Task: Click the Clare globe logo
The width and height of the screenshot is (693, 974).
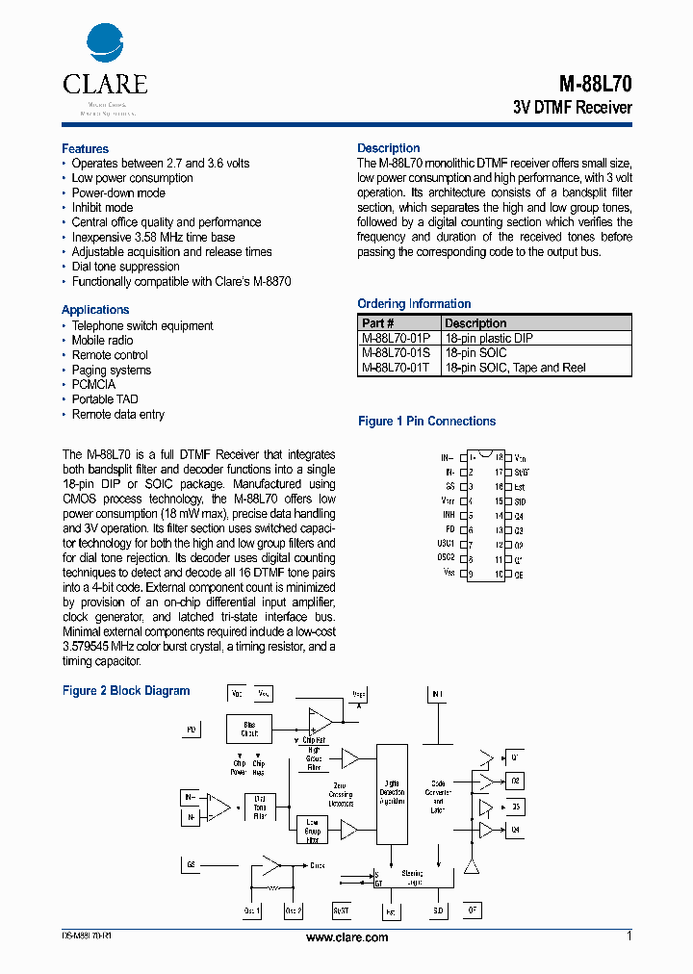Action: (x=105, y=44)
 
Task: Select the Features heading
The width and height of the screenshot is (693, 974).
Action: (x=85, y=148)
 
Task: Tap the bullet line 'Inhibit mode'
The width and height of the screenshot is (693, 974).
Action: (x=102, y=207)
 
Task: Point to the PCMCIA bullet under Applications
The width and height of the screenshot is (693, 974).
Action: (x=93, y=384)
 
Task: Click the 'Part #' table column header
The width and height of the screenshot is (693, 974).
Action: (x=378, y=323)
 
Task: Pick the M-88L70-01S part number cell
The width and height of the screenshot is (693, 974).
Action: (x=396, y=353)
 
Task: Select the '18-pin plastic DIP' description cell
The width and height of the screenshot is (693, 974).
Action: (x=488, y=339)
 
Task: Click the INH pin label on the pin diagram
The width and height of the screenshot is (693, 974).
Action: (x=449, y=515)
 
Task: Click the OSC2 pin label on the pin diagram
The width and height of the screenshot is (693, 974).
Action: (x=446, y=558)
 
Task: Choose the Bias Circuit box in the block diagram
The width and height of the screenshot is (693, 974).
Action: (x=249, y=729)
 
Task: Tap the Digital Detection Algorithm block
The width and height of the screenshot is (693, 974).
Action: (x=392, y=793)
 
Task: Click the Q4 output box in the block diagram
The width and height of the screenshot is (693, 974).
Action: (x=516, y=830)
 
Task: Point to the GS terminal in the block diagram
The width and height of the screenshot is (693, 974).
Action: (x=192, y=864)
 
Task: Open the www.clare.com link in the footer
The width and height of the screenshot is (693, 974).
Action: (x=346, y=937)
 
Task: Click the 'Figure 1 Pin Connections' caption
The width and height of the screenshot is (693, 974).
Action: (x=426, y=422)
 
